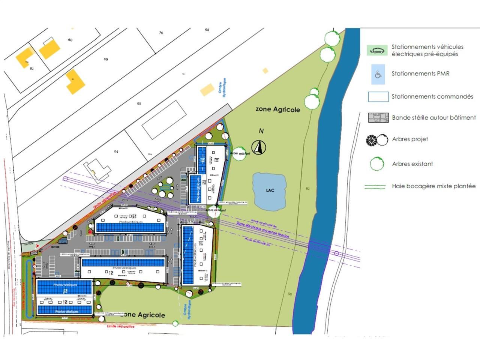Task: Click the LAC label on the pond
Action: tap(270, 190)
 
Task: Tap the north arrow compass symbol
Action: tap(259, 147)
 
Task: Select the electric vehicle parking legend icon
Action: tap(377, 50)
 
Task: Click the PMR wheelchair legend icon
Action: tap(378, 74)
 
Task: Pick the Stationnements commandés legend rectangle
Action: tap(378, 97)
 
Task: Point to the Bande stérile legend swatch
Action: tap(378, 118)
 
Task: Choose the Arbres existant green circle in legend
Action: tap(377, 164)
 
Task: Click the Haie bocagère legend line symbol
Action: tap(375, 186)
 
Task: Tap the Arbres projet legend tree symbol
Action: tap(377, 140)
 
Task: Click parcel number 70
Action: tap(161, 33)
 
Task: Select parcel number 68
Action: tap(207, 30)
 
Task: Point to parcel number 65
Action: tap(139, 103)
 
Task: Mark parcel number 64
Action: tap(116, 151)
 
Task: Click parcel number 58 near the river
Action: tap(289, 294)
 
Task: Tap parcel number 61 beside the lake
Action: tap(308, 189)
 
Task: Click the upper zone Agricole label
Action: tap(278, 109)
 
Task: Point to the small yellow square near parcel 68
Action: tap(265, 70)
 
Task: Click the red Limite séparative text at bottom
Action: tap(120, 327)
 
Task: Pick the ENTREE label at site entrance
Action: tap(55, 247)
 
